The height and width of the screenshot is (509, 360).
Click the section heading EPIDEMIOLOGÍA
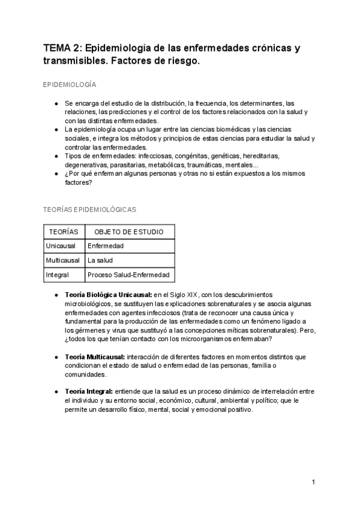70,85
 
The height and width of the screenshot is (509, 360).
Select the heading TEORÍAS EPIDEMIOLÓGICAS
89,209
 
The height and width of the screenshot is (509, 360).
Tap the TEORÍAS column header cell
63,232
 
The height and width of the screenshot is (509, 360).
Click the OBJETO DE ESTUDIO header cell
129,232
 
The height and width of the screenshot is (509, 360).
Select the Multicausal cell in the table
62,261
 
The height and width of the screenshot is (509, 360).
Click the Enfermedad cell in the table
106,246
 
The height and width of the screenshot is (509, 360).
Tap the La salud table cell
100,261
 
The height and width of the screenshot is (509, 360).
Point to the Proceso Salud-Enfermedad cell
129,275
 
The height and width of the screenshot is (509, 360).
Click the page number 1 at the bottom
314,482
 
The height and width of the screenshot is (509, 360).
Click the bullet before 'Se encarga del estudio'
56,103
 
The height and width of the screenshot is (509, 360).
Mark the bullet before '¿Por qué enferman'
56,173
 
